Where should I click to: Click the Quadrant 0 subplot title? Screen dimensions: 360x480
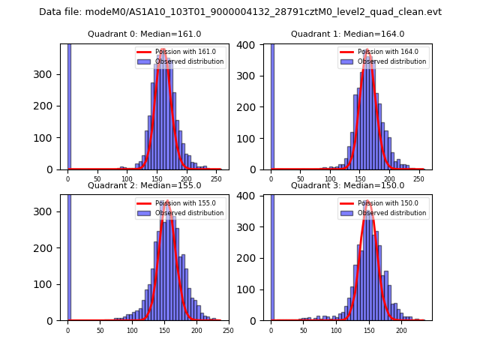pos(144,34)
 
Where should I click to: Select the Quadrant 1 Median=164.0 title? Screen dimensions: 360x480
pos(347,34)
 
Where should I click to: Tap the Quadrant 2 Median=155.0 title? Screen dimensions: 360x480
pos(144,185)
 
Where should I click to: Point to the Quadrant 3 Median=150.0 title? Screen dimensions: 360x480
pos(347,185)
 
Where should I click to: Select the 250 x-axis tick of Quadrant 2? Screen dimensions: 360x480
pos(228,330)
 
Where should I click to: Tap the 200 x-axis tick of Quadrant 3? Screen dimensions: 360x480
pos(402,330)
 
